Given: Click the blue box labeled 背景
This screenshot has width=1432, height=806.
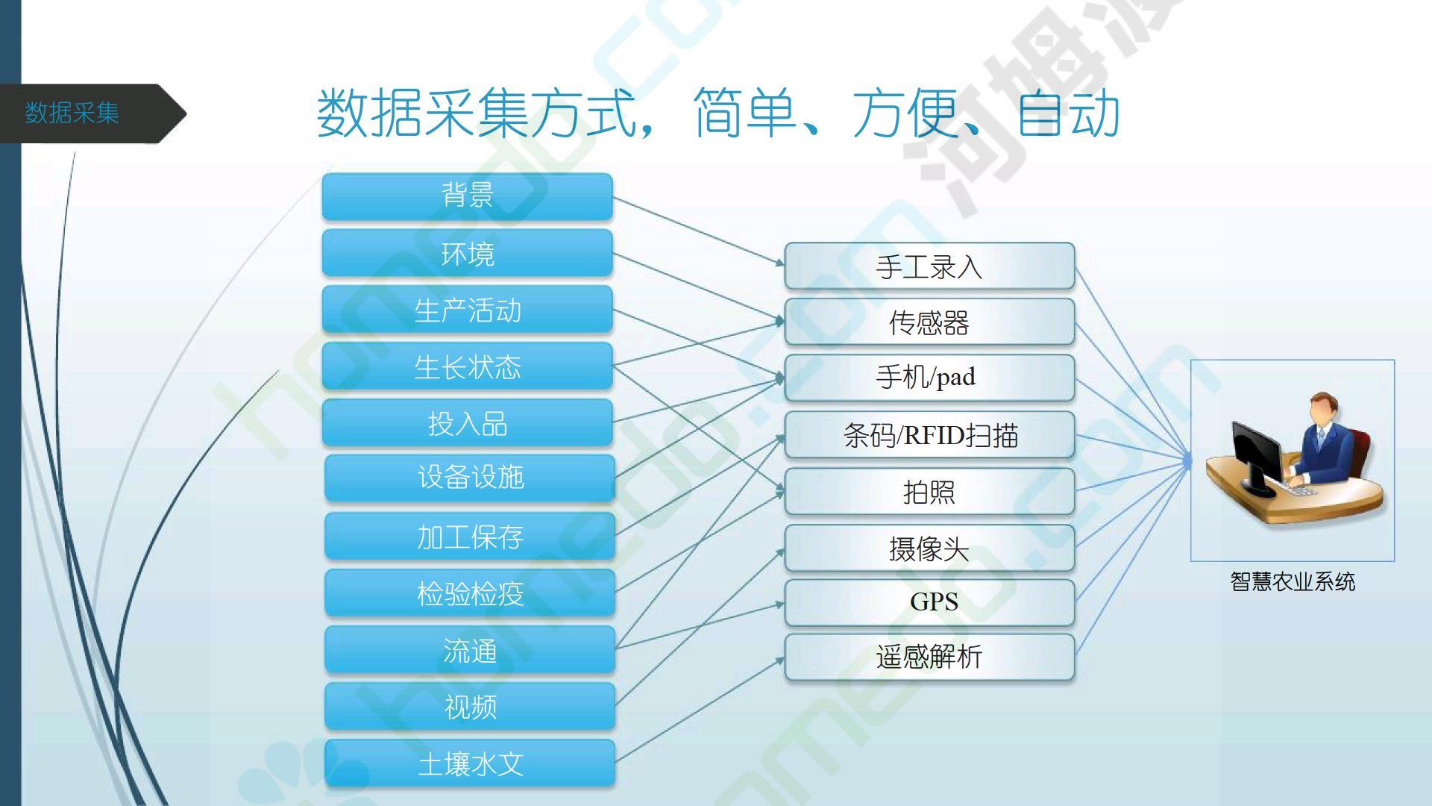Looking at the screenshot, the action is (468, 196).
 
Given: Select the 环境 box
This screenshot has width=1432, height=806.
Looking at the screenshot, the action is (468, 254).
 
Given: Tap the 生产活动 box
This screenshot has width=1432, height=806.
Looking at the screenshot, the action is (468, 310).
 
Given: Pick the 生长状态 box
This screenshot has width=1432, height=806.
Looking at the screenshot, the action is (468, 366).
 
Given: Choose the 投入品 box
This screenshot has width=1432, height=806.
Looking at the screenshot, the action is (468, 423).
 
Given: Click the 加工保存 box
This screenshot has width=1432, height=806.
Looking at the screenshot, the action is (470, 536).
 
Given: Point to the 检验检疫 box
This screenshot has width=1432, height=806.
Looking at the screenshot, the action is (470, 593).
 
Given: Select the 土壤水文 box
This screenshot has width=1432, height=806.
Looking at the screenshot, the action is (470, 763).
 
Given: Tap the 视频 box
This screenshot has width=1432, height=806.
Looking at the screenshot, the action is (470, 706).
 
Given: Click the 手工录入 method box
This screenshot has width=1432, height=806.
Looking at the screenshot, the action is (929, 266).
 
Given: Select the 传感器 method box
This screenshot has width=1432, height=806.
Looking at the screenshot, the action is (929, 322).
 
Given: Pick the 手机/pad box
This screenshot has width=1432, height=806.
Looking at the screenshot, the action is (929, 378).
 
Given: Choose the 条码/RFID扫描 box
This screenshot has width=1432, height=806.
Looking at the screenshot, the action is (929, 434).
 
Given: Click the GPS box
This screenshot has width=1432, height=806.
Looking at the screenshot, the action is (929, 602).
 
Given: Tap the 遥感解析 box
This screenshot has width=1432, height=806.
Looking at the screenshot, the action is (929, 657).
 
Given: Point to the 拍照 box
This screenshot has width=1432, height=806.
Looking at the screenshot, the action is (929, 491).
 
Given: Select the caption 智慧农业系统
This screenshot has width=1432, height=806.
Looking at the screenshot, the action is (1293, 581).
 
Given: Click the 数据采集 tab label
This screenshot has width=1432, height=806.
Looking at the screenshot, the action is (72, 113).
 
